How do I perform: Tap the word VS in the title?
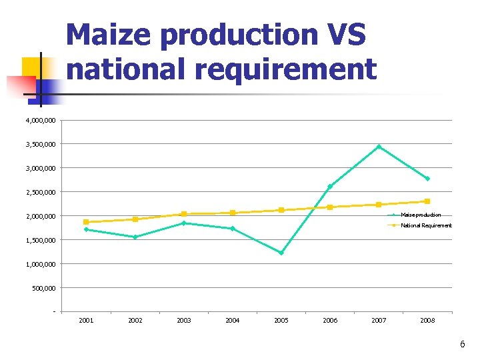[343, 35]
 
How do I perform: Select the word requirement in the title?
[279, 69]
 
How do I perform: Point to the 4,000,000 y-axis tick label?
[41, 121]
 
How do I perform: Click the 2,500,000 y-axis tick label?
[41, 192]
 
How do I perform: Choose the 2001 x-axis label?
[86, 321]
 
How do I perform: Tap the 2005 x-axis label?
[281, 321]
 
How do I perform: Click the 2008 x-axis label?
[427, 321]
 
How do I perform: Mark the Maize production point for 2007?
[379, 147]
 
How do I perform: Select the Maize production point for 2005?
[281, 253]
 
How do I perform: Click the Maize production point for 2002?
[135, 237]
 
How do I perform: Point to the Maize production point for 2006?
[330, 187]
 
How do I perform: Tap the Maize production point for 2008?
[427, 179]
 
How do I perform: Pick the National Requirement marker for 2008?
[427, 201]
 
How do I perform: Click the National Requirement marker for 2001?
[86, 222]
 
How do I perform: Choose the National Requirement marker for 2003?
[184, 214]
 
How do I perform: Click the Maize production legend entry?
[420, 215]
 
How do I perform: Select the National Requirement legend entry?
[425, 225]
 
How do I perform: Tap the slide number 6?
[462, 345]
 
